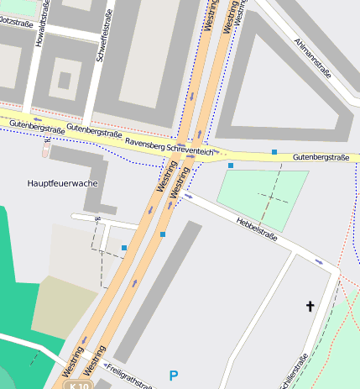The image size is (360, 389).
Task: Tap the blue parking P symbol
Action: [174, 376]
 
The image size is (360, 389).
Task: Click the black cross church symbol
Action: [310, 307]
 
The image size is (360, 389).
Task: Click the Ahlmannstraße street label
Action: [313, 57]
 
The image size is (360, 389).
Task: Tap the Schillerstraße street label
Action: [294, 370]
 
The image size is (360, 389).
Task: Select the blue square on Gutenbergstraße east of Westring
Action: [274, 152]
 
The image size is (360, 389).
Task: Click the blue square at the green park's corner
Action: [231, 166]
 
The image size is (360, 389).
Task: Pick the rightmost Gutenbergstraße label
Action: [321, 157]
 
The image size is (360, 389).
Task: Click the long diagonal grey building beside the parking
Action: [158, 290]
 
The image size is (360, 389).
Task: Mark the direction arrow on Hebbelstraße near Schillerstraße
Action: [318, 260]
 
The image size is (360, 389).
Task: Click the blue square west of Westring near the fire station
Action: [124, 247]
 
